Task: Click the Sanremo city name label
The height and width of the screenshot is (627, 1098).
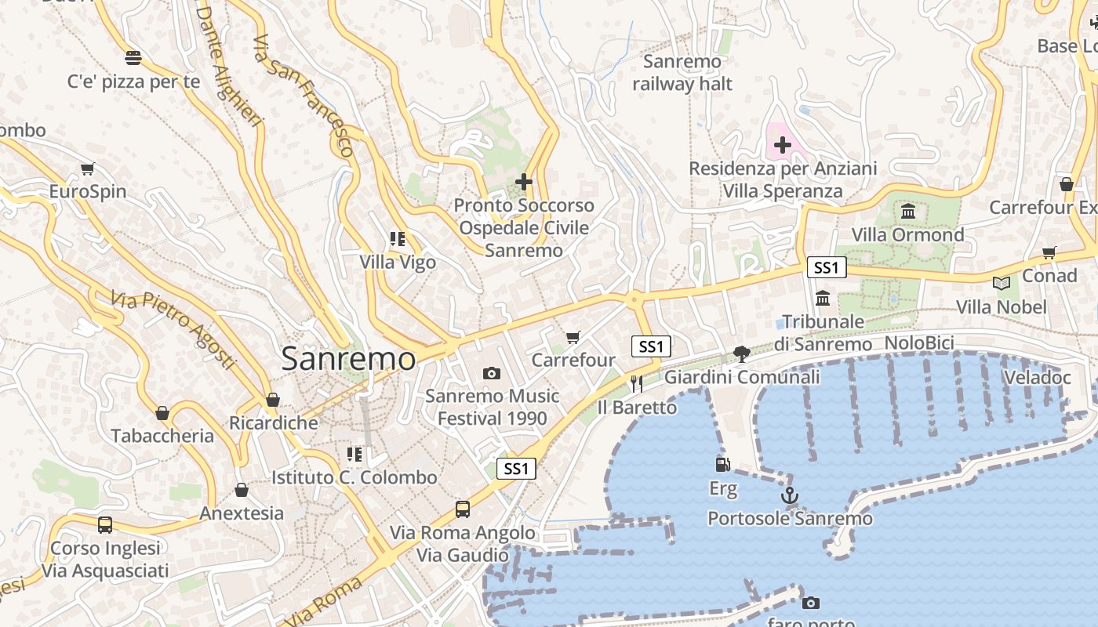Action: [x=348, y=359]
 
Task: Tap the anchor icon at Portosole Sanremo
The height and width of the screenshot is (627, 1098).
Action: [x=790, y=495]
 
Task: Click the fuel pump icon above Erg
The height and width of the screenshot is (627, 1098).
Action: [x=723, y=464]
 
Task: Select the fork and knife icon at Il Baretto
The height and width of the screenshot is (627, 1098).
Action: [x=637, y=383]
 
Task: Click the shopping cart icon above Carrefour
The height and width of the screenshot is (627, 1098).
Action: [x=573, y=337]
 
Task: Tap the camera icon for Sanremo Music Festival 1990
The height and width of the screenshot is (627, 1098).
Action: [x=492, y=373]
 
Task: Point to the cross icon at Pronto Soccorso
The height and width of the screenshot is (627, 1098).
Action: [x=524, y=182]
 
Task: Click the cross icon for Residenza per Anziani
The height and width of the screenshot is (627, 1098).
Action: [x=782, y=144]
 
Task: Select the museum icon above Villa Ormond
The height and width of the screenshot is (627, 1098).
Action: [x=908, y=211]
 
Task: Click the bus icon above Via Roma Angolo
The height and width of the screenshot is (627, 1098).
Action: [x=463, y=509]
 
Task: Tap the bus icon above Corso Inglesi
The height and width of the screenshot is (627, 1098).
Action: [x=104, y=524]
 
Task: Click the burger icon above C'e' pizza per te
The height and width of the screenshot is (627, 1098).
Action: [x=133, y=57]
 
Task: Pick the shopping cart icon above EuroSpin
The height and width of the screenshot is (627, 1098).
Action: [x=88, y=169]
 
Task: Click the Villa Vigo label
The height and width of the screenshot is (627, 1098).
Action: [x=398, y=262]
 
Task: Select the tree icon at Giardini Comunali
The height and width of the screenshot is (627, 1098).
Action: [x=741, y=353]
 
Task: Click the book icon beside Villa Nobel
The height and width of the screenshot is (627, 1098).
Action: [x=1001, y=283]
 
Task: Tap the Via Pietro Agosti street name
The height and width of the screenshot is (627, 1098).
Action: [x=173, y=330]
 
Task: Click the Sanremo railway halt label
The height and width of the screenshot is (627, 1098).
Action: [x=682, y=73]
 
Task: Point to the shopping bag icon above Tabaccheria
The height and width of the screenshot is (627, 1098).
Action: [x=162, y=412]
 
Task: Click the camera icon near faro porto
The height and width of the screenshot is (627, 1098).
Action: [x=811, y=603]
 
